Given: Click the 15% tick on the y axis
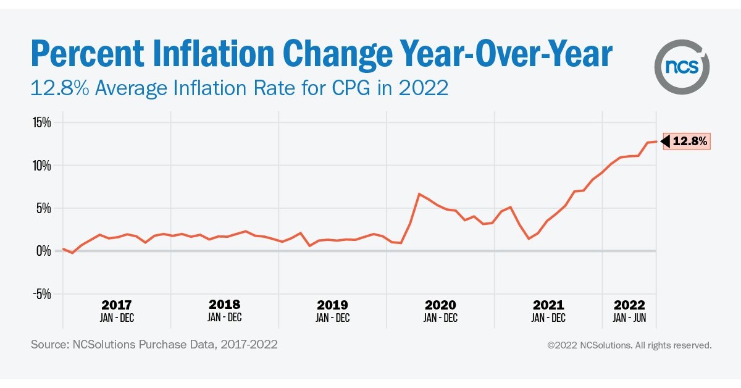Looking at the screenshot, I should [41, 122].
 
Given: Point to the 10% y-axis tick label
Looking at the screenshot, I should [41, 166].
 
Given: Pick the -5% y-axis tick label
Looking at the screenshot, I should [41, 293].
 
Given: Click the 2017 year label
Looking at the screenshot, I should [117, 305].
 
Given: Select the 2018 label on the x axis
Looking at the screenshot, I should [225, 305].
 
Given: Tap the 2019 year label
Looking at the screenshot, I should [332, 305].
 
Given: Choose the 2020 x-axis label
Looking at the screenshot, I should [440, 305].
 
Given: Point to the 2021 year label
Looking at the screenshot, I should [548, 305].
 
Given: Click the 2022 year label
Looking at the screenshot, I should [629, 305].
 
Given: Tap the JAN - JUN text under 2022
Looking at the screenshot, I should [629, 318].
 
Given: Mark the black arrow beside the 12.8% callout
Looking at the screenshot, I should [665, 141].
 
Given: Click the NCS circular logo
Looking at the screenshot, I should [682, 66].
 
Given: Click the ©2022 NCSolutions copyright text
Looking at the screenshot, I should [629, 345].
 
